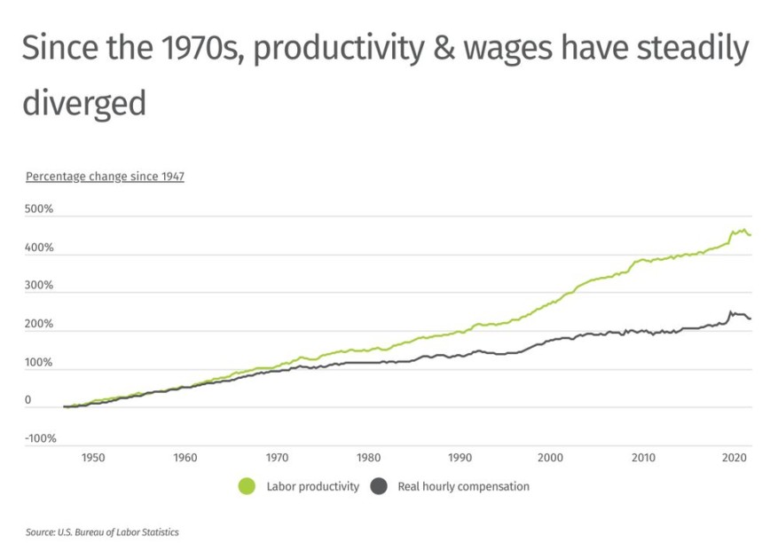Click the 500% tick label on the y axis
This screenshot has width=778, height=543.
pyautogui.click(x=39, y=210)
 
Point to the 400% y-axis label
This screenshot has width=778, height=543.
pyautogui.click(x=39, y=248)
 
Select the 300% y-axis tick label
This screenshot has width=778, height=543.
pyautogui.click(x=39, y=287)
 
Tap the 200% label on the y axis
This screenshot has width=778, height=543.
pyautogui.click(x=39, y=325)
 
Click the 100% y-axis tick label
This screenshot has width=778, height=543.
pyautogui.click(x=39, y=363)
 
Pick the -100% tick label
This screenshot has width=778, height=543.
pyautogui.click(x=41, y=439)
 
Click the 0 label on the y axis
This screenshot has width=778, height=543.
pyautogui.click(x=28, y=401)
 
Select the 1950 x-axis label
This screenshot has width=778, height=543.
pyautogui.click(x=93, y=458)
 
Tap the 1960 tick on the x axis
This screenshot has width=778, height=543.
pyautogui.click(x=185, y=458)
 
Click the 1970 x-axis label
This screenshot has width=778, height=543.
pyautogui.click(x=277, y=458)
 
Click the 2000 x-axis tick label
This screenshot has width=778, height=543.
pyautogui.click(x=551, y=458)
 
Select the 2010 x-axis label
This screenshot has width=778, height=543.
pyautogui.click(x=643, y=458)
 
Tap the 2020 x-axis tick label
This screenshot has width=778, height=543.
pyautogui.click(x=734, y=458)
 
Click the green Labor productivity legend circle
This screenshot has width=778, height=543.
pyautogui.click(x=247, y=486)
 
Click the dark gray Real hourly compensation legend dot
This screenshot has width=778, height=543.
pyautogui.click(x=378, y=486)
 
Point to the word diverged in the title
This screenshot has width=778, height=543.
pyautogui.click(x=84, y=103)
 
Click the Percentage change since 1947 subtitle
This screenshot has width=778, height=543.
pyautogui.click(x=105, y=177)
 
